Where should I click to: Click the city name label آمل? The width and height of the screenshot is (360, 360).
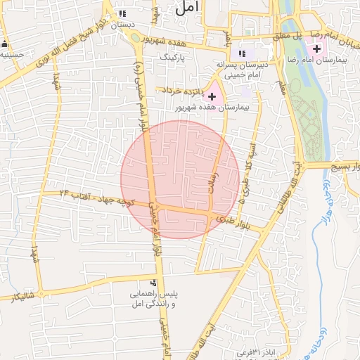187,8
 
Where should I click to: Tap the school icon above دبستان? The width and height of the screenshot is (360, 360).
123,13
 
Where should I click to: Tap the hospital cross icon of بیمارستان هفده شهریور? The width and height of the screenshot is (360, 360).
212,96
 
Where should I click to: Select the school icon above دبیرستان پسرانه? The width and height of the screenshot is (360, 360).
243,53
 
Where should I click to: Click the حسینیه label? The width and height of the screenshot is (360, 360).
13,54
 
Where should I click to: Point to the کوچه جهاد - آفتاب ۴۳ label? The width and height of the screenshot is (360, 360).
96,198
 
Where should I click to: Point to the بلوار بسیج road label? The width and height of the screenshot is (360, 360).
344,167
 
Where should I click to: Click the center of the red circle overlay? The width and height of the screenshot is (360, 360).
180,179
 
